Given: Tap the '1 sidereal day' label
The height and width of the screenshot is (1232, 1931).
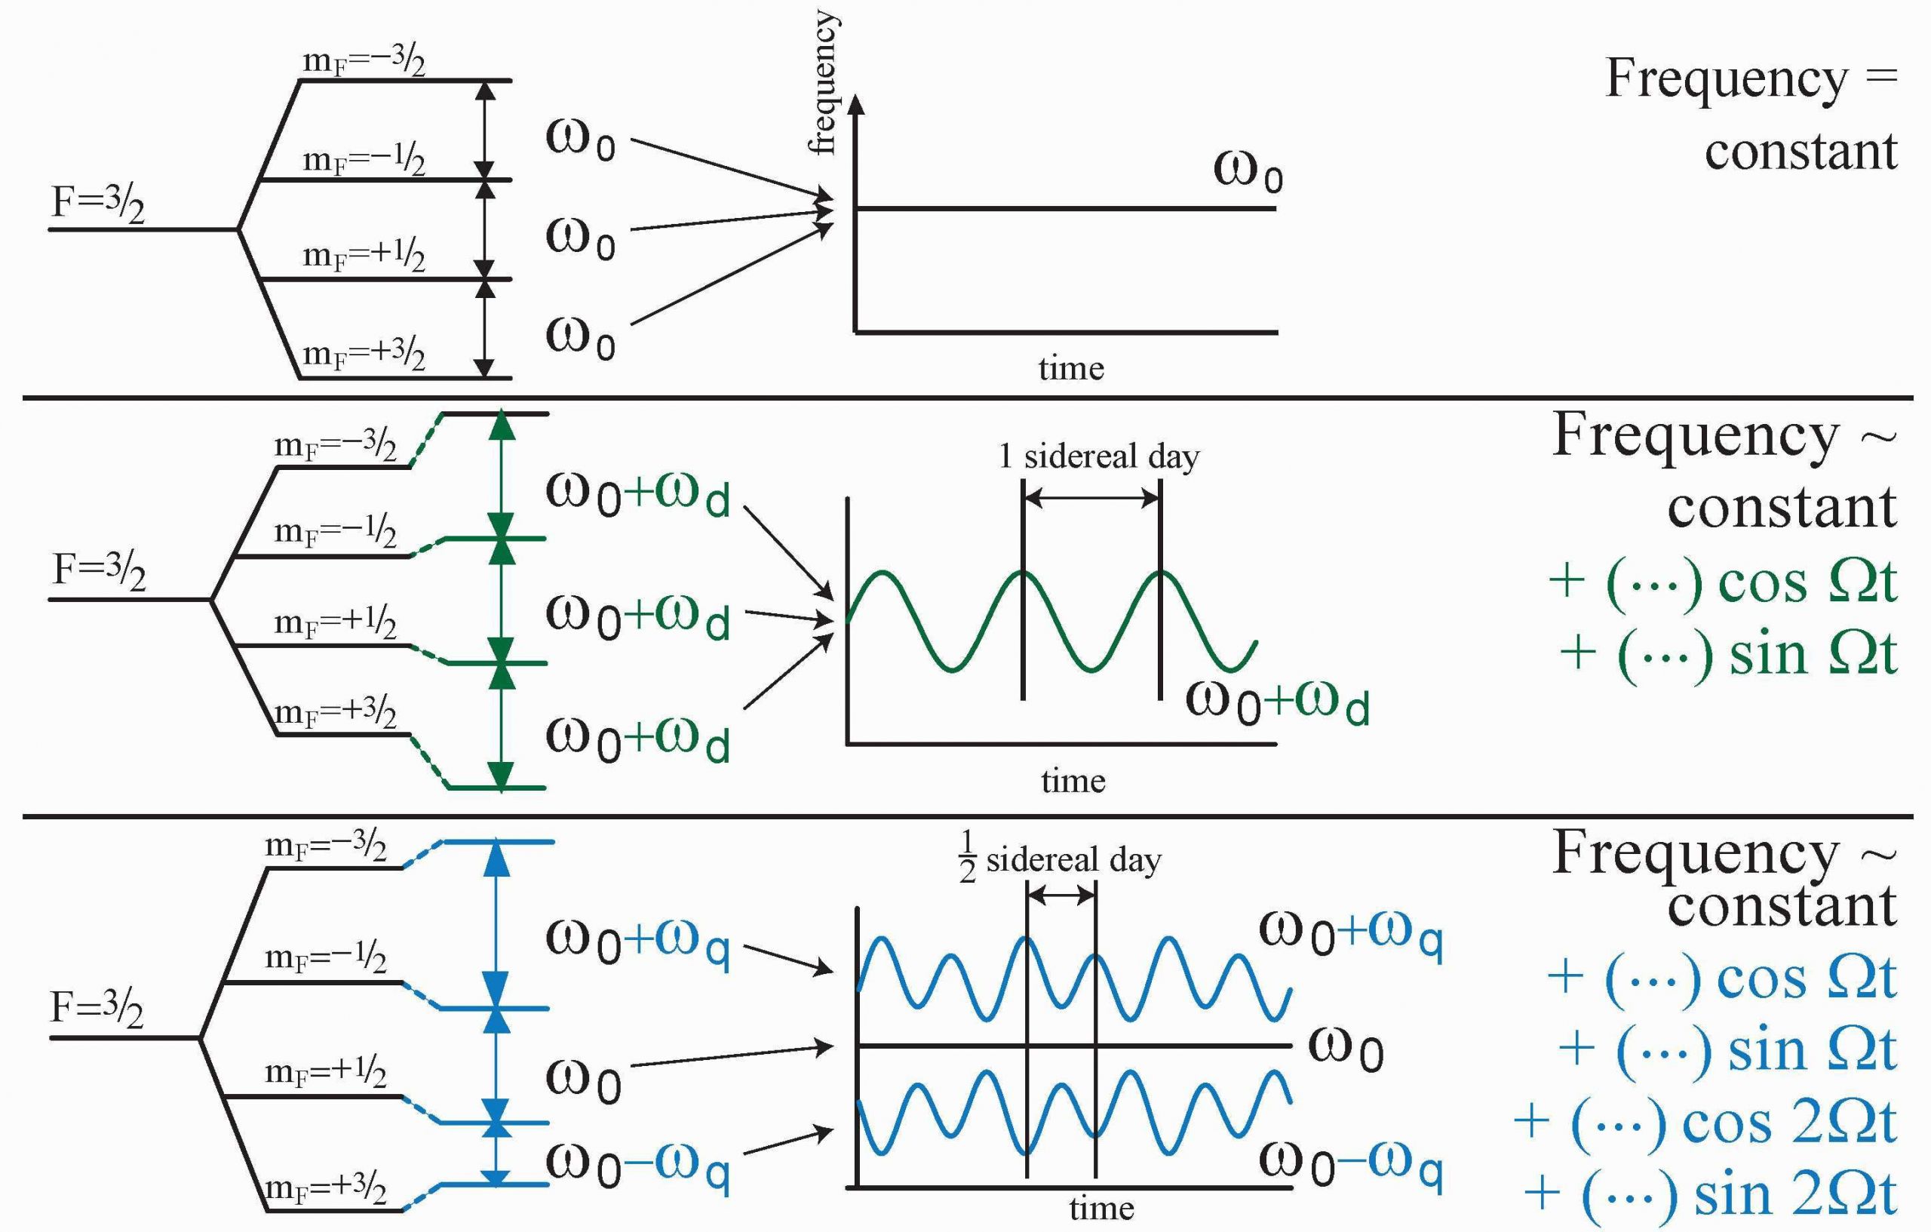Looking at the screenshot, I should tap(1098, 457).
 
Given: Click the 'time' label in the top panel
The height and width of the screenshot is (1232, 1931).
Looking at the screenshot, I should tap(1070, 369).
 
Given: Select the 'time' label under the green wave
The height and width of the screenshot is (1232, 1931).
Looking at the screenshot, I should tap(1073, 780).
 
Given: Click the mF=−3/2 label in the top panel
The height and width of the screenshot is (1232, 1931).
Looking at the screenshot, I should tap(364, 63).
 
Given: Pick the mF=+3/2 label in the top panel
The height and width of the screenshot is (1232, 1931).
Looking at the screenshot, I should tap(364, 355).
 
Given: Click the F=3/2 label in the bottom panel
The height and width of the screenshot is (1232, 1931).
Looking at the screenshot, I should tap(97, 1008).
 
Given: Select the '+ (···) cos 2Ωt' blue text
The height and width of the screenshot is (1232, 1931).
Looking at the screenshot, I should tap(1705, 1122).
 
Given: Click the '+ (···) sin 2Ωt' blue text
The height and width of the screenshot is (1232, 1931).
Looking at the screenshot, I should tap(1710, 1194).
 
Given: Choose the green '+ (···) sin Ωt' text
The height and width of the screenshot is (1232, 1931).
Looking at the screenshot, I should tap(1728, 653).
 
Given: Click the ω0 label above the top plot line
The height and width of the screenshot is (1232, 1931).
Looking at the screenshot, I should tap(1248, 173).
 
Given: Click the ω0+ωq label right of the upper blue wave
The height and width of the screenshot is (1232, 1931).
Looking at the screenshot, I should tap(1350, 936).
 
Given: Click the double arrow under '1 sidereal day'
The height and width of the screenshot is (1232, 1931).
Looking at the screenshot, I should tap(1092, 498).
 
